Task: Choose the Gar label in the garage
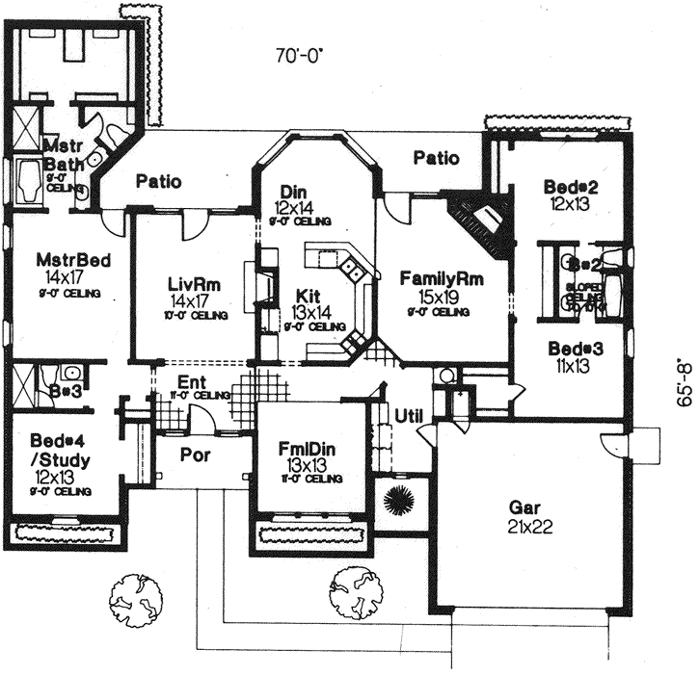point(528,507)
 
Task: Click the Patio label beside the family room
point(436,158)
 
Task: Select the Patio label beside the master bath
point(159,180)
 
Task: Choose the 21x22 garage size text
point(528,526)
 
